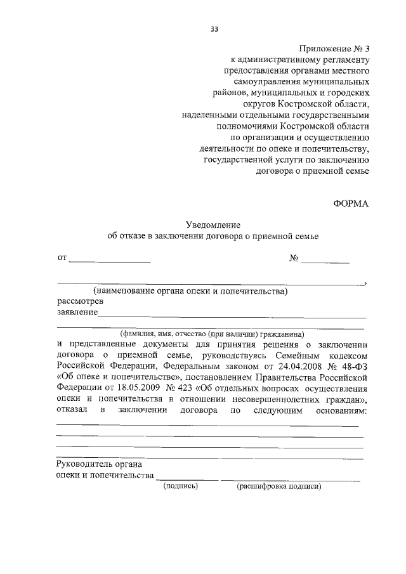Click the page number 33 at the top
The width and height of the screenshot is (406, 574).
214,28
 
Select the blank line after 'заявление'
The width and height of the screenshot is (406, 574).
232,315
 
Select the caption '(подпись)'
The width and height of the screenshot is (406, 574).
181,486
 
